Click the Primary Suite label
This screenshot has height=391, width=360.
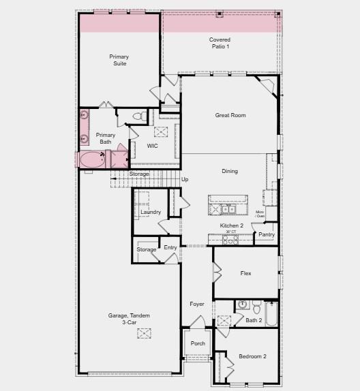[x=120, y=60]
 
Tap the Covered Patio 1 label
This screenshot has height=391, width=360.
[x=220, y=43]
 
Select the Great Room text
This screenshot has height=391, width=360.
[x=230, y=115]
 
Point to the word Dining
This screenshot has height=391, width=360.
[x=230, y=171]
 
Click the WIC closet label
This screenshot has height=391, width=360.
[x=153, y=146]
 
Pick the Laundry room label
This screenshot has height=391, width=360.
[x=151, y=213]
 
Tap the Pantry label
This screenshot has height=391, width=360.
[x=267, y=235]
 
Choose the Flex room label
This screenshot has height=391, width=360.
[x=246, y=273]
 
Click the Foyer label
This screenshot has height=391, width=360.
[x=197, y=304]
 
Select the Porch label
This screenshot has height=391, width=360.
[x=198, y=343]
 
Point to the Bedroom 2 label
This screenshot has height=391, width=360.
[x=252, y=356]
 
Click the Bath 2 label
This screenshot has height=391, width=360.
[x=254, y=320]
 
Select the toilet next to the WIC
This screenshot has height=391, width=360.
[x=138, y=117]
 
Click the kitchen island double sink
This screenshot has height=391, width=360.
[x=227, y=208]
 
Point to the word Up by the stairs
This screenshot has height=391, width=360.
[x=184, y=179]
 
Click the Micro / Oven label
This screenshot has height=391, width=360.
[x=260, y=215]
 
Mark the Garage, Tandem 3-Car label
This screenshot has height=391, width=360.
[x=129, y=319]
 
